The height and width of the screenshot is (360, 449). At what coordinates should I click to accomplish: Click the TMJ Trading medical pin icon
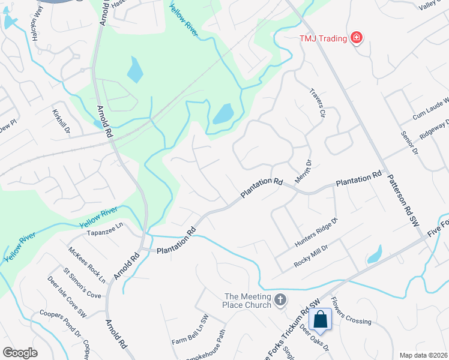(x=357, y=38)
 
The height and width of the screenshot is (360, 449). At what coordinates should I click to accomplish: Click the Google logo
(x=20, y=352)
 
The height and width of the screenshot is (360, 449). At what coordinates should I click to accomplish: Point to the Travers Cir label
(x=317, y=103)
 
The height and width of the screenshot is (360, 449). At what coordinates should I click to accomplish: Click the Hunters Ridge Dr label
(x=317, y=233)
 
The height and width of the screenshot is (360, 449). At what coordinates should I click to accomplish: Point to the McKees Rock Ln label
(x=86, y=265)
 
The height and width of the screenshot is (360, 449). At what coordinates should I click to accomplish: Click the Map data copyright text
(x=423, y=355)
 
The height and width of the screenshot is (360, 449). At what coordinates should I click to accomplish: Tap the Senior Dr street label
(x=408, y=142)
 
